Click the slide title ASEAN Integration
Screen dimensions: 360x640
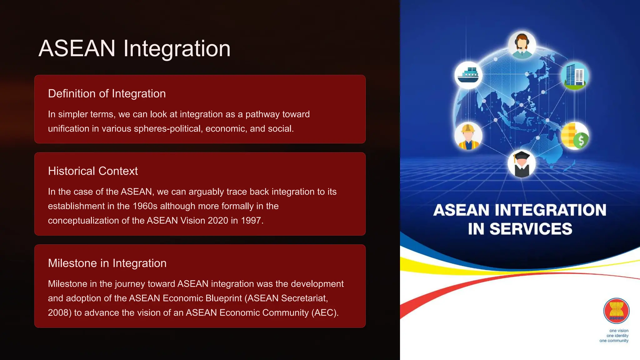tap(134, 48)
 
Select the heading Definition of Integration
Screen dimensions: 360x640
tap(107, 94)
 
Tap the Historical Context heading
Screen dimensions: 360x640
tap(93, 171)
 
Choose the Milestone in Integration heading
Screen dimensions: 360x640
tap(107, 263)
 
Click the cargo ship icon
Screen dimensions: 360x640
tap(468, 75)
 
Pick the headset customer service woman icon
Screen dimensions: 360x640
tap(522, 45)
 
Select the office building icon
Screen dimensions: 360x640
tap(574, 75)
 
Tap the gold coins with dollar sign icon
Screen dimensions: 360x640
tap(574, 136)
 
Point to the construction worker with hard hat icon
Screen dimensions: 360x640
tap(468, 136)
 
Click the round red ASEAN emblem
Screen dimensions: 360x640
tap(616, 311)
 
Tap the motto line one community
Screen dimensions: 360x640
tap(614, 341)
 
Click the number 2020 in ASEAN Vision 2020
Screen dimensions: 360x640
tap(218, 221)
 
